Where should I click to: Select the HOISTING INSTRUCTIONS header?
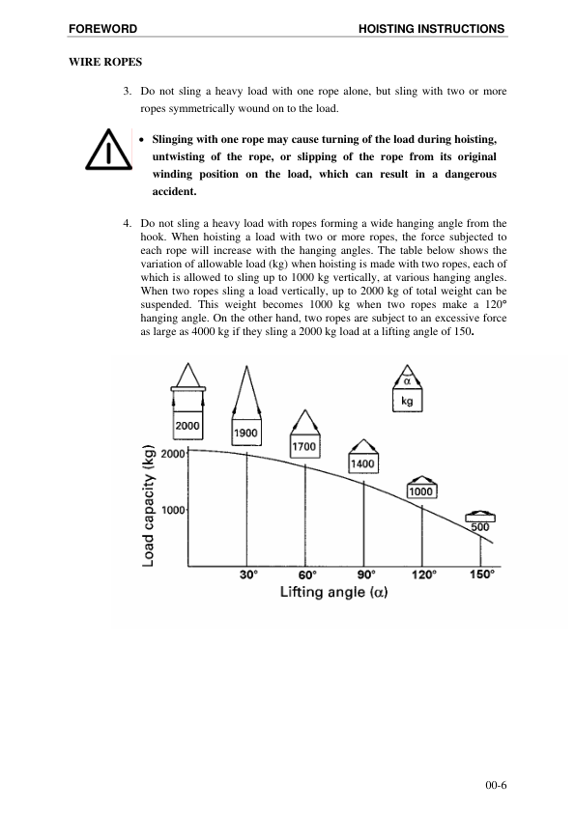point(432,30)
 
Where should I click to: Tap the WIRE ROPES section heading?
point(103,62)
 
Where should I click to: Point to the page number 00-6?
point(496,786)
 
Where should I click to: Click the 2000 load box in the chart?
point(187,425)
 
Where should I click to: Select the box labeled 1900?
point(246,434)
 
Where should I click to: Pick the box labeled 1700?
point(305,447)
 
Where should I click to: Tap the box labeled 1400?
point(363,464)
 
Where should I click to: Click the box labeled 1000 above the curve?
point(421,491)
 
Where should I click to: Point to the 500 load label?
point(480,527)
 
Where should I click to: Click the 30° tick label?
point(248,574)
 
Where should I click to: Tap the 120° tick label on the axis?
point(422,574)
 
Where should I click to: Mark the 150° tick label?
point(481,574)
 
